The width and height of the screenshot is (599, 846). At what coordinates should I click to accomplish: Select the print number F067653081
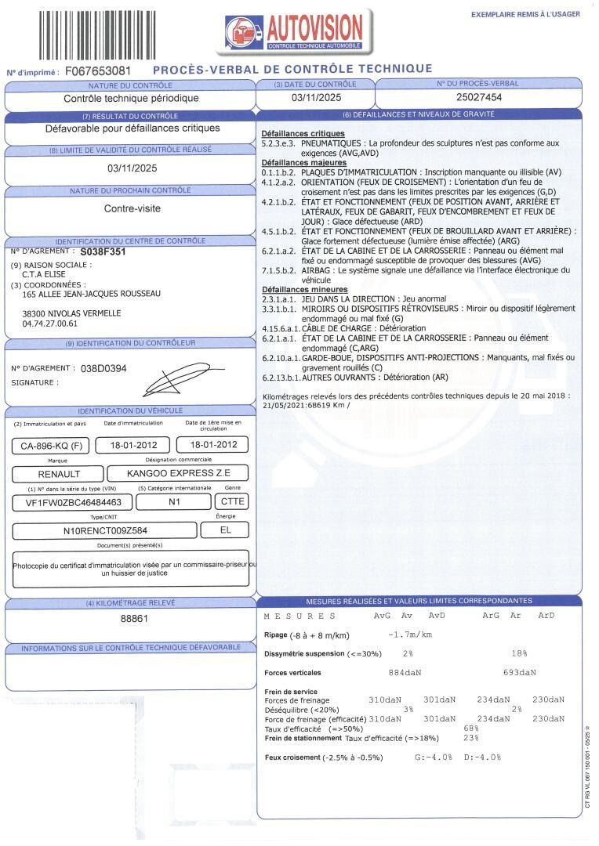(98, 71)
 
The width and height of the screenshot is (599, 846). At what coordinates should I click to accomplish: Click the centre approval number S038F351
(103, 253)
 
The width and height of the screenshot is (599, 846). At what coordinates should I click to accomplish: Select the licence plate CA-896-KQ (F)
(49, 446)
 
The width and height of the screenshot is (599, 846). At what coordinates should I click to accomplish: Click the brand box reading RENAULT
(59, 474)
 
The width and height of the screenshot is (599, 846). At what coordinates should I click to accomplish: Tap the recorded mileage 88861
(134, 619)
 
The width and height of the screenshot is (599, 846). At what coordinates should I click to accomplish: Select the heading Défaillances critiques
(303, 135)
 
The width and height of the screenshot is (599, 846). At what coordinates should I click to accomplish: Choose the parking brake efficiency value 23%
(471, 738)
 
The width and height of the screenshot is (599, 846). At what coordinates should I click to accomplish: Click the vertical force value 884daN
(405, 673)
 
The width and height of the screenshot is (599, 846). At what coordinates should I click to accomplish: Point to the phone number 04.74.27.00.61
(50, 323)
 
